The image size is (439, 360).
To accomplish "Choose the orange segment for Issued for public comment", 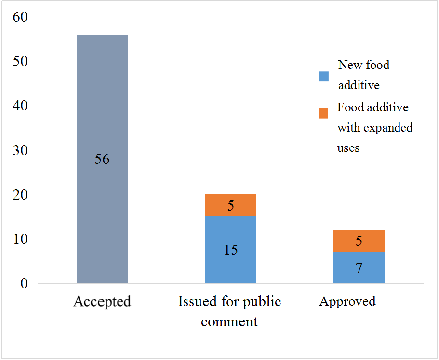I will [x=230, y=205].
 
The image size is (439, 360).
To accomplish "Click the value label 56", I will [x=102, y=159].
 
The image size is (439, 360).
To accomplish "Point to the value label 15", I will [x=230, y=250].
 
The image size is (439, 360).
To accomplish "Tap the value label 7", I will [x=359, y=268].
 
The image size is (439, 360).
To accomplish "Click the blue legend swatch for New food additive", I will [x=323, y=76].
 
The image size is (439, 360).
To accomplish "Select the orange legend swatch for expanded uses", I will [x=323, y=113].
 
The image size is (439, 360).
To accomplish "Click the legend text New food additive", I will [x=363, y=75].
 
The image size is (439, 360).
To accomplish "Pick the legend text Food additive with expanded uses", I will [x=375, y=127].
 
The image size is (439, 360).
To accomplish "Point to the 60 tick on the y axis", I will [x=21, y=17].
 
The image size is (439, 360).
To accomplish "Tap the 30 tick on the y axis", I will [x=21, y=151].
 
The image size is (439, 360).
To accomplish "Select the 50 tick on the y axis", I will [x=21, y=62].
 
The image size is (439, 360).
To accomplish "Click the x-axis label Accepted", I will [x=102, y=302].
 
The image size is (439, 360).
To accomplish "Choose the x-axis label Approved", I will [x=347, y=302].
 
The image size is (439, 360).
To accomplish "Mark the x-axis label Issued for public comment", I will [x=229, y=311].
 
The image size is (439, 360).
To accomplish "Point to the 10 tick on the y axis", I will [x=21, y=240].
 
